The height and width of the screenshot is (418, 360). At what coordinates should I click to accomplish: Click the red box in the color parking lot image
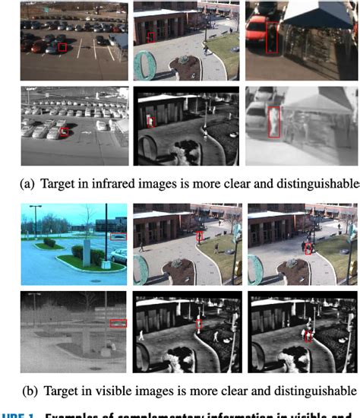click(62, 47)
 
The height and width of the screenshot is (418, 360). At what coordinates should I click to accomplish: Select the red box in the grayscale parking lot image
click(64, 132)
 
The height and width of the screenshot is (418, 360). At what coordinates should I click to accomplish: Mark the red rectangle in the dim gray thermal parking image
click(118, 324)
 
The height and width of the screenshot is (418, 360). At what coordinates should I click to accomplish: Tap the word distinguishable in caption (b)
click(314, 391)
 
